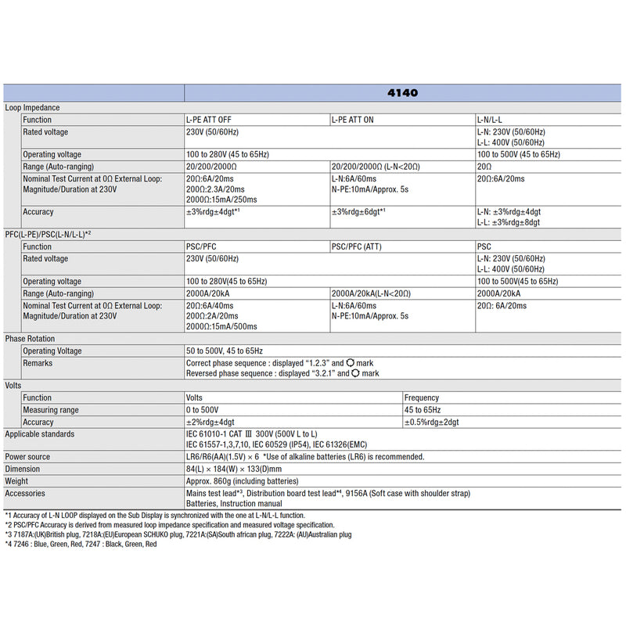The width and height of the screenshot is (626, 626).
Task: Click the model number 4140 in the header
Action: tap(402, 92)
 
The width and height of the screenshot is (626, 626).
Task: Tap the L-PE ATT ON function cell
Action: tap(352, 120)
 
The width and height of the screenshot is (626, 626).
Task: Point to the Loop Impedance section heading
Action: tap(32, 107)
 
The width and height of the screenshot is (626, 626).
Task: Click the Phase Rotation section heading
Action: tap(30, 339)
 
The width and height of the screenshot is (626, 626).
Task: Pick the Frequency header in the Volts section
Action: tap(422, 398)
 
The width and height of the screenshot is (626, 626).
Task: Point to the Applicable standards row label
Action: tap(40, 434)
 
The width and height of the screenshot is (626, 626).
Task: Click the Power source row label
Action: tap(27, 457)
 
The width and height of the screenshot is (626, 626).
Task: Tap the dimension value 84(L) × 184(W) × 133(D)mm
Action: tap(239, 469)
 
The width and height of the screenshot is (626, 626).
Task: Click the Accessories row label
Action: tap(25, 493)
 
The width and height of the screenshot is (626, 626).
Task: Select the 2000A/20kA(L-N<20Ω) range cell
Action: tap(371, 293)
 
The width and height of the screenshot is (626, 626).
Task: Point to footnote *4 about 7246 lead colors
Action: tap(81, 544)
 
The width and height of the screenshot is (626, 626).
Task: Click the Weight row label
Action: tap(17, 481)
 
